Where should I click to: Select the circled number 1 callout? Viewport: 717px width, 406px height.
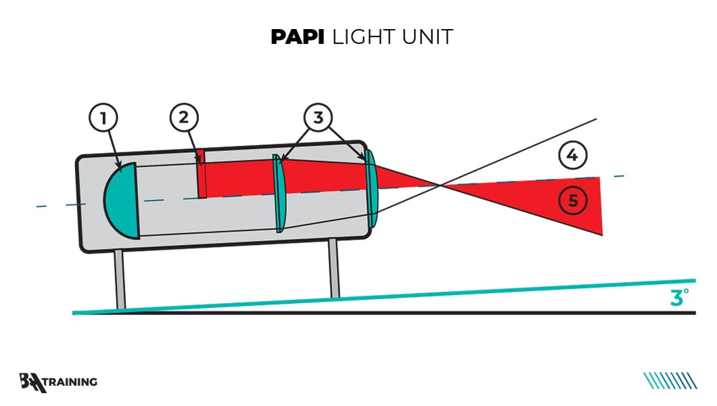click(x=103, y=118)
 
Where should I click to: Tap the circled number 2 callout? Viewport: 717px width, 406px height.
click(x=184, y=118)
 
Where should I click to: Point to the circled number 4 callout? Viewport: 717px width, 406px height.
click(x=572, y=155)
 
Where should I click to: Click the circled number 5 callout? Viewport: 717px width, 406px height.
click(x=573, y=200)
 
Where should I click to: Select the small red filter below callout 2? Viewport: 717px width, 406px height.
click(x=201, y=175)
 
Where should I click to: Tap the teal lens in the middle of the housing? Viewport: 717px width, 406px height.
click(x=278, y=194)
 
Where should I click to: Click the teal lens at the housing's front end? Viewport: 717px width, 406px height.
click(x=371, y=188)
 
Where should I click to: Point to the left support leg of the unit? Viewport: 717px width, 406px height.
click(x=120, y=279)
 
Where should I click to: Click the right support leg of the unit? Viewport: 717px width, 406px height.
click(x=333, y=269)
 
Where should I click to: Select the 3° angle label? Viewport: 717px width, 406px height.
click(x=680, y=297)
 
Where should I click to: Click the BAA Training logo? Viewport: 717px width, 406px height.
click(x=58, y=382)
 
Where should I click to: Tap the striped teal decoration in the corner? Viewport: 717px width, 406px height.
click(x=670, y=381)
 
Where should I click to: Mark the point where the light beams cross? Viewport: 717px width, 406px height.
click(x=441, y=184)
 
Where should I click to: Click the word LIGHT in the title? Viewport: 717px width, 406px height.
click(x=364, y=37)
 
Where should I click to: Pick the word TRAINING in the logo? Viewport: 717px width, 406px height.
click(x=71, y=382)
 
